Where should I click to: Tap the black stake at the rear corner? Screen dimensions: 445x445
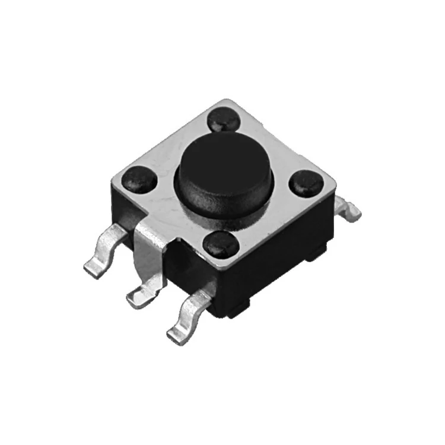click(x=224, y=120)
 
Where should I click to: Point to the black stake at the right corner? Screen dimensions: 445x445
click(x=306, y=182)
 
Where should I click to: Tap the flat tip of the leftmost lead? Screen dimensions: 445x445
click(x=92, y=270)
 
